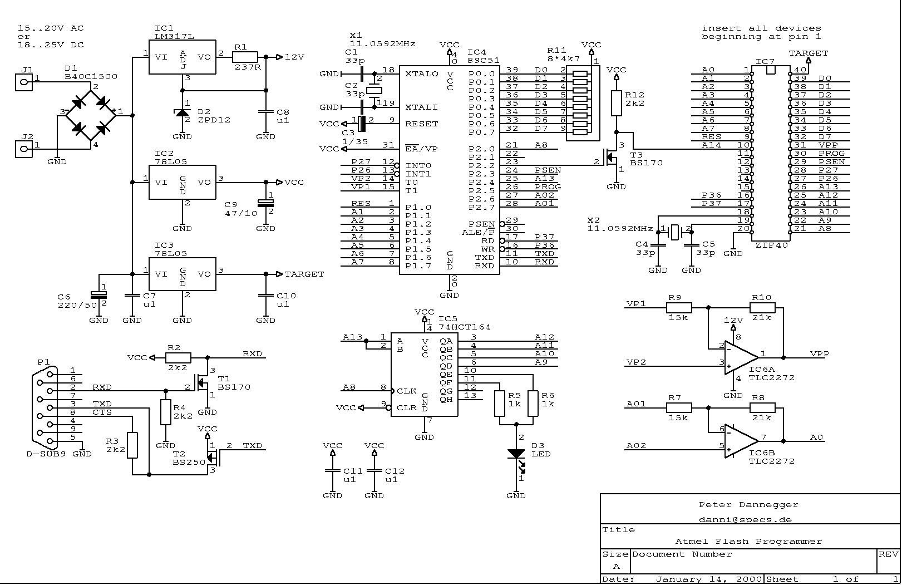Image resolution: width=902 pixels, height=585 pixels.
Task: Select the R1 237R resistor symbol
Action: [245, 56]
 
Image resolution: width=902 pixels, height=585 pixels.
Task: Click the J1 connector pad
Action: [23, 83]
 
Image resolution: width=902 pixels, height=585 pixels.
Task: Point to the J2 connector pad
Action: [23, 149]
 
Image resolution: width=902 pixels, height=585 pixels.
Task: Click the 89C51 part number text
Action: [483, 60]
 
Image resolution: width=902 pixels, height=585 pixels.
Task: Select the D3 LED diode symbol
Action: [516, 454]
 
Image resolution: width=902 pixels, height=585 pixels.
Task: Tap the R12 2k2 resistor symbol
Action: [616, 103]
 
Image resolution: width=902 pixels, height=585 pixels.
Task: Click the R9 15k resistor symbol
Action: [679, 307]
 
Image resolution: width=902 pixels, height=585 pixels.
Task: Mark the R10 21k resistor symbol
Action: [762, 307]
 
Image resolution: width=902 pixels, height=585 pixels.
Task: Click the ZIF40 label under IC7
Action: [771, 245]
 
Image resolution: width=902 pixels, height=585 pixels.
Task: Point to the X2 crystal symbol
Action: [675, 232]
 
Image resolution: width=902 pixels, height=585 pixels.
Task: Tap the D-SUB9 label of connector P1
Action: [46, 454]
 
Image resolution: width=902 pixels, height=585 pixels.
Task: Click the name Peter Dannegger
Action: [748, 505]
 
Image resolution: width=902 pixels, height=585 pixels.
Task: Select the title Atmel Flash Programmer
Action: [748, 541]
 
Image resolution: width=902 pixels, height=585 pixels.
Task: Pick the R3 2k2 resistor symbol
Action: [132, 445]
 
